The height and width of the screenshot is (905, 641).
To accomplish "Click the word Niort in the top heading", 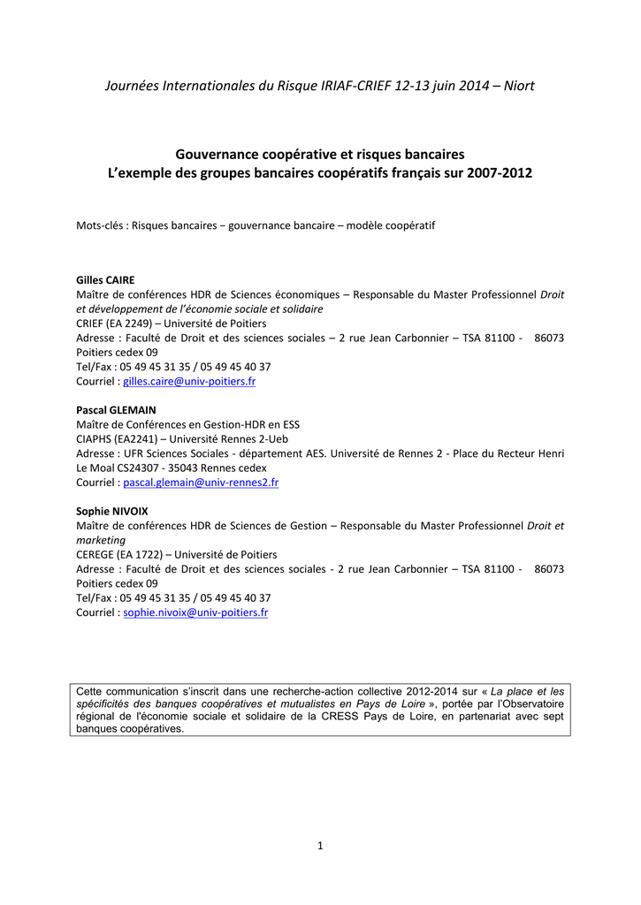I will click(x=519, y=86).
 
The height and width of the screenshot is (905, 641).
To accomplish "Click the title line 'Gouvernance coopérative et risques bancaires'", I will click(x=320, y=154).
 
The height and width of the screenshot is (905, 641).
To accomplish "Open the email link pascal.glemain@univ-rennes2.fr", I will click(x=201, y=483).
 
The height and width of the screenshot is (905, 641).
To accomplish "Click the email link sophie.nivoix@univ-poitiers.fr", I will click(x=195, y=612).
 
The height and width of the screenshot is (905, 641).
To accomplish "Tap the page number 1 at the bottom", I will click(x=320, y=846).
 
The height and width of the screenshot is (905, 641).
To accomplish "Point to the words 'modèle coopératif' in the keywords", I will click(x=391, y=226).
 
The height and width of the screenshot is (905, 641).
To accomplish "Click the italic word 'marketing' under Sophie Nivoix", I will click(x=101, y=540).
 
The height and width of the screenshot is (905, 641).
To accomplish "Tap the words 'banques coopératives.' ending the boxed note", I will click(x=130, y=729).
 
